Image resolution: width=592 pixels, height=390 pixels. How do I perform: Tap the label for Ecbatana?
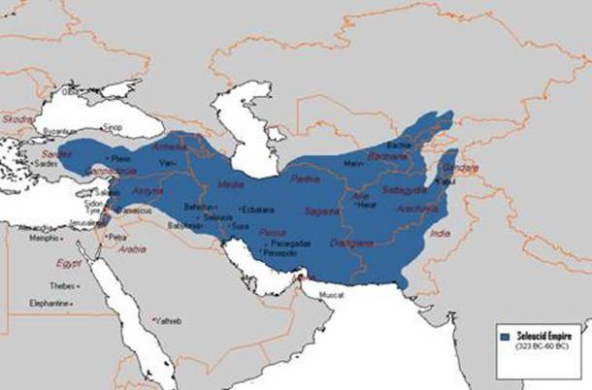tap(258, 209)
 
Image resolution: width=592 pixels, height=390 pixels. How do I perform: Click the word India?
tap(441, 234)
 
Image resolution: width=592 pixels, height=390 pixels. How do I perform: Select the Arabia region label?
tap(133, 247)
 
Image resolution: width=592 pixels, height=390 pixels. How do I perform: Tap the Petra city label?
tap(120, 236)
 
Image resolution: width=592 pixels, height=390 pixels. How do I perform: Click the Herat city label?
tap(366, 205)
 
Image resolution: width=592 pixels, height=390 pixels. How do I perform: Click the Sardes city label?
tap(46, 164)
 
